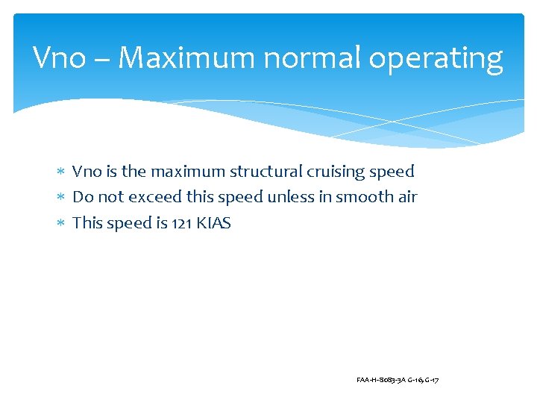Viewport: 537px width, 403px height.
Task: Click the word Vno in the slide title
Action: pyautogui.click(x=60, y=58)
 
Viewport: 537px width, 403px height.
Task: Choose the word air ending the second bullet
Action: pyautogui.click(x=406, y=197)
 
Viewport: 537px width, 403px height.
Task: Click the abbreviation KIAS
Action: pyautogui.click(x=213, y=223)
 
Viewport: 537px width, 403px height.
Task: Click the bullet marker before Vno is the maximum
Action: pyautogui.click(x=62, y=172)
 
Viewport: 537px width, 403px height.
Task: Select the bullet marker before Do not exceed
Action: pyautogui.click(x=62, y=198)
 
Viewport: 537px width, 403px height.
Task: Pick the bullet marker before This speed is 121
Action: pyautogui.click(x=62, y=223)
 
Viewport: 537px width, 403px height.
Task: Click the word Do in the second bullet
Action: pyautogui.click(x=81, y=197)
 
